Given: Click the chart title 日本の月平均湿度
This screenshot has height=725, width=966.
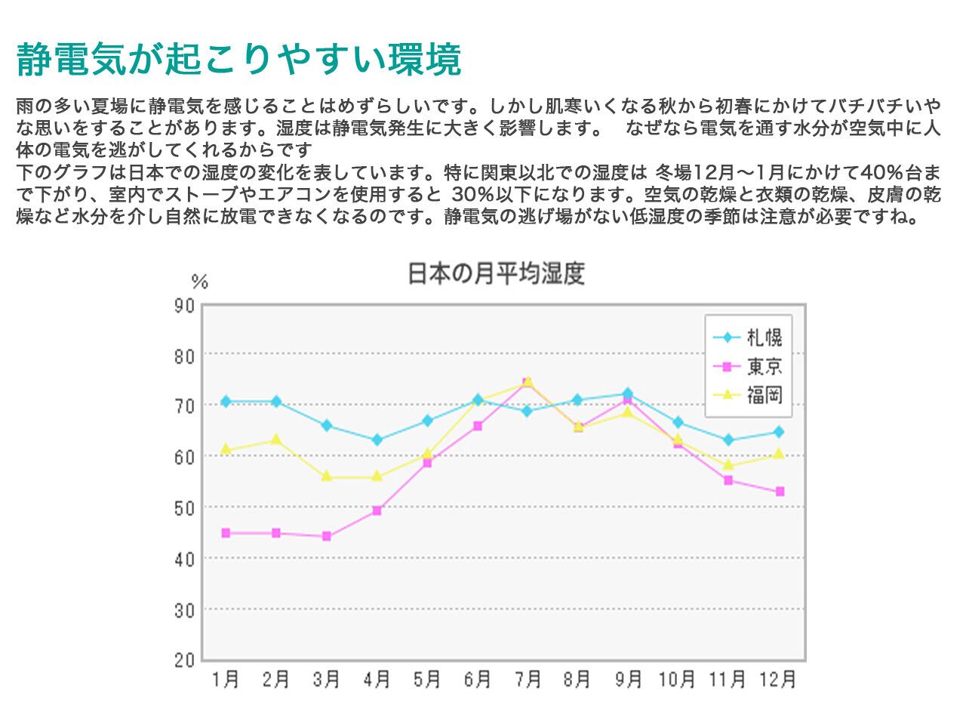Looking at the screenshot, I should (496, 273).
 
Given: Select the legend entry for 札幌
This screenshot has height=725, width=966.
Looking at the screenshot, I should (764, 338).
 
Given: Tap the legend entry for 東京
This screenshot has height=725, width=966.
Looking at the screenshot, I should (764, 367).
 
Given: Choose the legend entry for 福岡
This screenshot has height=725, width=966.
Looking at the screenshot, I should (764, 395).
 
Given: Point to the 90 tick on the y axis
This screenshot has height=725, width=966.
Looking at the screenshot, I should (185, 306).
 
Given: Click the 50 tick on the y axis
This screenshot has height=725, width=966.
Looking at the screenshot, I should (185, 507).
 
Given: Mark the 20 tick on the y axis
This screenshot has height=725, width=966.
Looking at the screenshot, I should (185, 660).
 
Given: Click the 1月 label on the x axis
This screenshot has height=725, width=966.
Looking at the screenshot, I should (226, 680).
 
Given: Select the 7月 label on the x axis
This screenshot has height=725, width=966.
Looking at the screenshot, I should (528, 680).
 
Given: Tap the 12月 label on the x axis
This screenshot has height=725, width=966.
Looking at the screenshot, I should (778, 680).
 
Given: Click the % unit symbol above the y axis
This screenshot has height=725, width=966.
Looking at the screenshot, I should (199, 282).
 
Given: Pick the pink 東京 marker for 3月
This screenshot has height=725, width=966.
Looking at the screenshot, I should (327, 536).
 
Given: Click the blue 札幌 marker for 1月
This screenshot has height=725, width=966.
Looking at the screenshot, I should (226, 401).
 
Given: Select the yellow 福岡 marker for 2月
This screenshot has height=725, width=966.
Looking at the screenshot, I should (276, 440).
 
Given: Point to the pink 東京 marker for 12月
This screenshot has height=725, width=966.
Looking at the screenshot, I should (780, 492).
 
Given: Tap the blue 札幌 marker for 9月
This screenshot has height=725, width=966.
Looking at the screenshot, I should (628, 393).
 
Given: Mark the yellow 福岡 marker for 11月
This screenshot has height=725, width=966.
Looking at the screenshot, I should (728, 465).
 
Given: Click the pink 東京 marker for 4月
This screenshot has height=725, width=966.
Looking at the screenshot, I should (377, 511).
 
